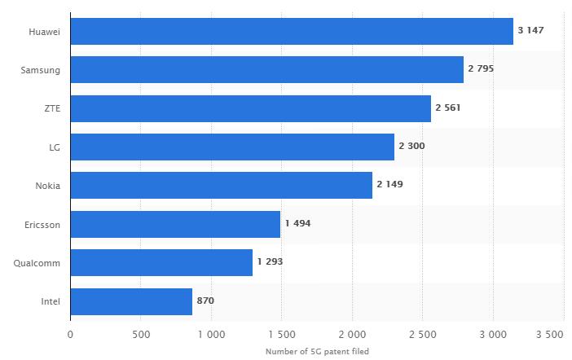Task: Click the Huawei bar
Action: (x=292, y=31)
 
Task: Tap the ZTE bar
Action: (x=250, y=108)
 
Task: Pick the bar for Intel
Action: (x=131, y=301)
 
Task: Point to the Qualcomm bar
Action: (x=161, y=262)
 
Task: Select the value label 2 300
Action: (x=411, y=147)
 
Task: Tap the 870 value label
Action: (x=205, y=301)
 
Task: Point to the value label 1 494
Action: (x=297, y=223)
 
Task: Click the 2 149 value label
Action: (x=389, y=185)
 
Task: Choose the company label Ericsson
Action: (x=42, y=224)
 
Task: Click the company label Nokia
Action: (x=47, y=186)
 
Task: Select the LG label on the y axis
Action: (x=55, y=147)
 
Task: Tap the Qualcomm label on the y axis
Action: (x=37, y=263)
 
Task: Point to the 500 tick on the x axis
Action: (x=140, y=335)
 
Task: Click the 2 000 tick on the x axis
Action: (x=352, y=335)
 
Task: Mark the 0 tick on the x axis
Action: (x=70, y=335)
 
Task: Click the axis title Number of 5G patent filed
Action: (x=317, y=352)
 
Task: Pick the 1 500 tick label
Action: (x=281, y=335)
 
